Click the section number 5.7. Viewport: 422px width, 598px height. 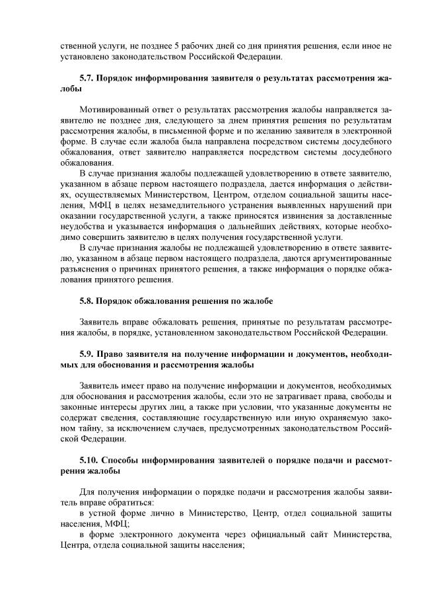pos(86,78)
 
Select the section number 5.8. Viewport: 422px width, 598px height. pos(86,301)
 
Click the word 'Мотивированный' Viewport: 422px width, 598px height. pos(110,109)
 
